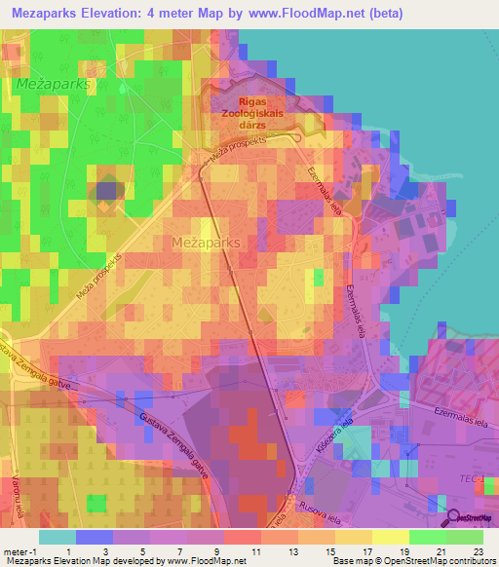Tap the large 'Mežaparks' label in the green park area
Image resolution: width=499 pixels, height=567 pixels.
(x=54, y=85)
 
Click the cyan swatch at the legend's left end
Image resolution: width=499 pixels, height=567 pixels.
(x=57, y=537)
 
